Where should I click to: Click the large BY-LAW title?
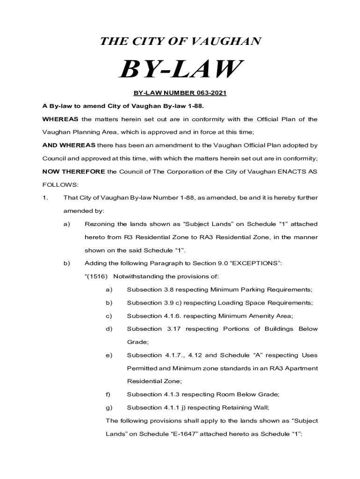pyautogui.click(x=180, y=70)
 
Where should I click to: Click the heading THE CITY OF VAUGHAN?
pyautogui.click(x=180, y=42)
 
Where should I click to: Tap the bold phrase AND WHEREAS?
pyautogui.click(x=69, y=145)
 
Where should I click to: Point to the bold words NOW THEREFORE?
pyautogui.click(x=73, y=172)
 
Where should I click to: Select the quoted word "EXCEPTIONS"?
pyautogui.click(x=254, y=263)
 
